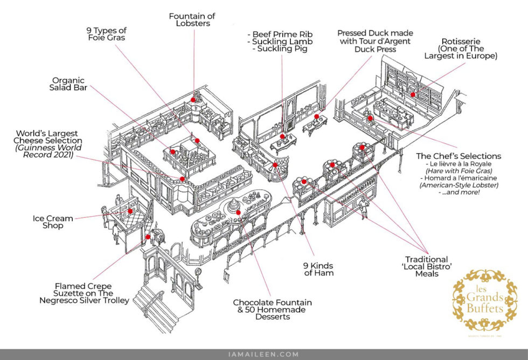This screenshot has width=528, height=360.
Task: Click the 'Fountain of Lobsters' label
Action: click(192, 19)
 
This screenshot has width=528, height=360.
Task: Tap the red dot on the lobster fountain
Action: click(193, 100)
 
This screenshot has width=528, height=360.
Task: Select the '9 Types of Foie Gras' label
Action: click(107, 33)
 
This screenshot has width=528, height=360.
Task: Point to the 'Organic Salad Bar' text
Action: click(68, 84)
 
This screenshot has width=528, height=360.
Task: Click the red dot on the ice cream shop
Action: click(130, 211)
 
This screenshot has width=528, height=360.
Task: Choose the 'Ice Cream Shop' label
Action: click(53, 222)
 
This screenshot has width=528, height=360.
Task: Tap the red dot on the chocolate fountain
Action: click(238, 212)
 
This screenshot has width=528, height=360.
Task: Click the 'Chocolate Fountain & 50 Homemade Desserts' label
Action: click(273, 309)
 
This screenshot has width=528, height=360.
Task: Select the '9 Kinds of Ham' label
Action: click(318, 269)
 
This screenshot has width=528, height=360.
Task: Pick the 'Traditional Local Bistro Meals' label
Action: click(427, 266)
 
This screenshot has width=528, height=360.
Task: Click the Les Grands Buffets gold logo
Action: click(484, 301)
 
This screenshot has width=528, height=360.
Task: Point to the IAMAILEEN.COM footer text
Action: click(263, 354)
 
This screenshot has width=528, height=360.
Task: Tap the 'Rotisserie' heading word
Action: click(461, 41)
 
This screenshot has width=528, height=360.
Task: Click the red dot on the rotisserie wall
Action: click(413, 95)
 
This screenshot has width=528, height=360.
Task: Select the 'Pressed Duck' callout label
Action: click(375, 41)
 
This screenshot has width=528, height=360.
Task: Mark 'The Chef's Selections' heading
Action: click(458, 156)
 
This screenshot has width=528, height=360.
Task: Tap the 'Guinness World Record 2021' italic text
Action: click(48, 151)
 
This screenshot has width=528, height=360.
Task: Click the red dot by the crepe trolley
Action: click(148, 237)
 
